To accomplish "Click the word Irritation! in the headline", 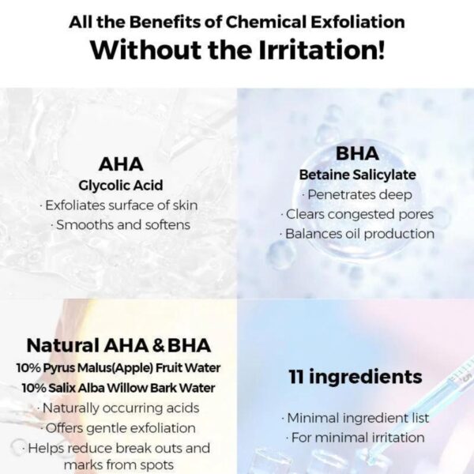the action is point(322,50).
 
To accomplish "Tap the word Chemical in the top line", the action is point(266,22).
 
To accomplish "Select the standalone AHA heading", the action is point(121,164).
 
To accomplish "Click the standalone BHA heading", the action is point(357,153).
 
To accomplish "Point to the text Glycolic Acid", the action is point(121,186).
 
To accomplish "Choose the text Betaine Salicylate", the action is point(358,175).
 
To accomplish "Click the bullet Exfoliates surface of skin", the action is point(118,205).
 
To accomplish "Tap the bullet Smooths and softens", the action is point(121,225).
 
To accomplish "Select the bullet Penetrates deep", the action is point(357,195).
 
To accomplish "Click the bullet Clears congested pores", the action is point(357,215).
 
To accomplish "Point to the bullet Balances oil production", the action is point(357,234).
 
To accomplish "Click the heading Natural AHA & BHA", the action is point(118,345).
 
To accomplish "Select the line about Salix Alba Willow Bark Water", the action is point(118,388).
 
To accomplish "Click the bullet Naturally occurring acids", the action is point(118,408).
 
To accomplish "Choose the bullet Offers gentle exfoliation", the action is point(118,428).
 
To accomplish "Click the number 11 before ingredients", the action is point(296,377).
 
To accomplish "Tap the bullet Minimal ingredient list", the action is point(355,419).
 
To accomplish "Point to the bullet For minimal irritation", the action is point(355,438).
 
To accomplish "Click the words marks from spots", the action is point(118,465).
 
